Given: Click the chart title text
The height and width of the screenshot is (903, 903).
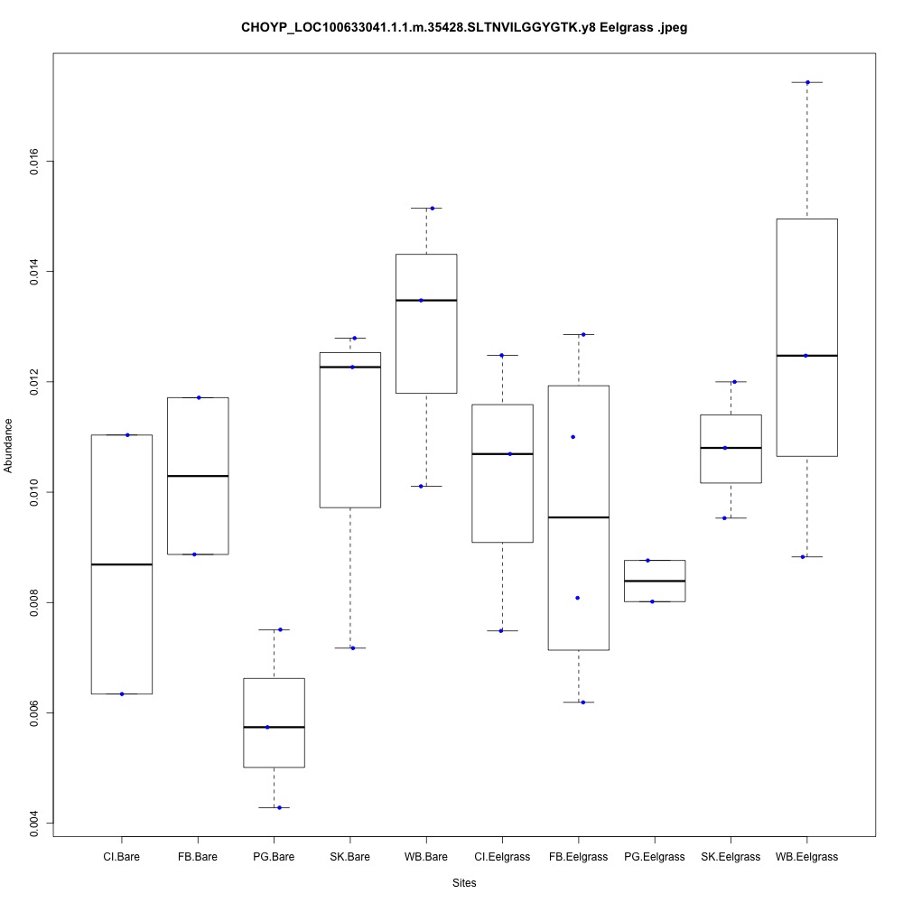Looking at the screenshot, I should click(464, 28).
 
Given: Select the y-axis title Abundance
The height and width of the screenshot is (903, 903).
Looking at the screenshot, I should click(9, 445).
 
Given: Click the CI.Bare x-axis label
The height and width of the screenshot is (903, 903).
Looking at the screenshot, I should click(121, 856).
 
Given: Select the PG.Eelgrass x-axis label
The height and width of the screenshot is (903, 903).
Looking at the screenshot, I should click(654, 856).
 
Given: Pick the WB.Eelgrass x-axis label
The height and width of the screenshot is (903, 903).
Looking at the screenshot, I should click(806, 856).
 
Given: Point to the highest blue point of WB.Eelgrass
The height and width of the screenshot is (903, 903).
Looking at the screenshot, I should click(807, 82).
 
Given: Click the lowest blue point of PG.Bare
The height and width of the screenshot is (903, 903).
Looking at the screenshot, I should click(280, 807).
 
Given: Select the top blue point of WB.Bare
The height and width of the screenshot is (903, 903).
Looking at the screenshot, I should click(433, 208).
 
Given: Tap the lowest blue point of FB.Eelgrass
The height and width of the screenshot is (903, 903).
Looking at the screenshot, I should click(583, 702).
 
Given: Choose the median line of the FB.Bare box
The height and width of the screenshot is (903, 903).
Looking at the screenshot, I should click(198, 476).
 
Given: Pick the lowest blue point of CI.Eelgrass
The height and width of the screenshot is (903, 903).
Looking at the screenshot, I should click(500, 630).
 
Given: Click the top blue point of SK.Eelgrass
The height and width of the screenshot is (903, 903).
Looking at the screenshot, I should click(734, 381).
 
